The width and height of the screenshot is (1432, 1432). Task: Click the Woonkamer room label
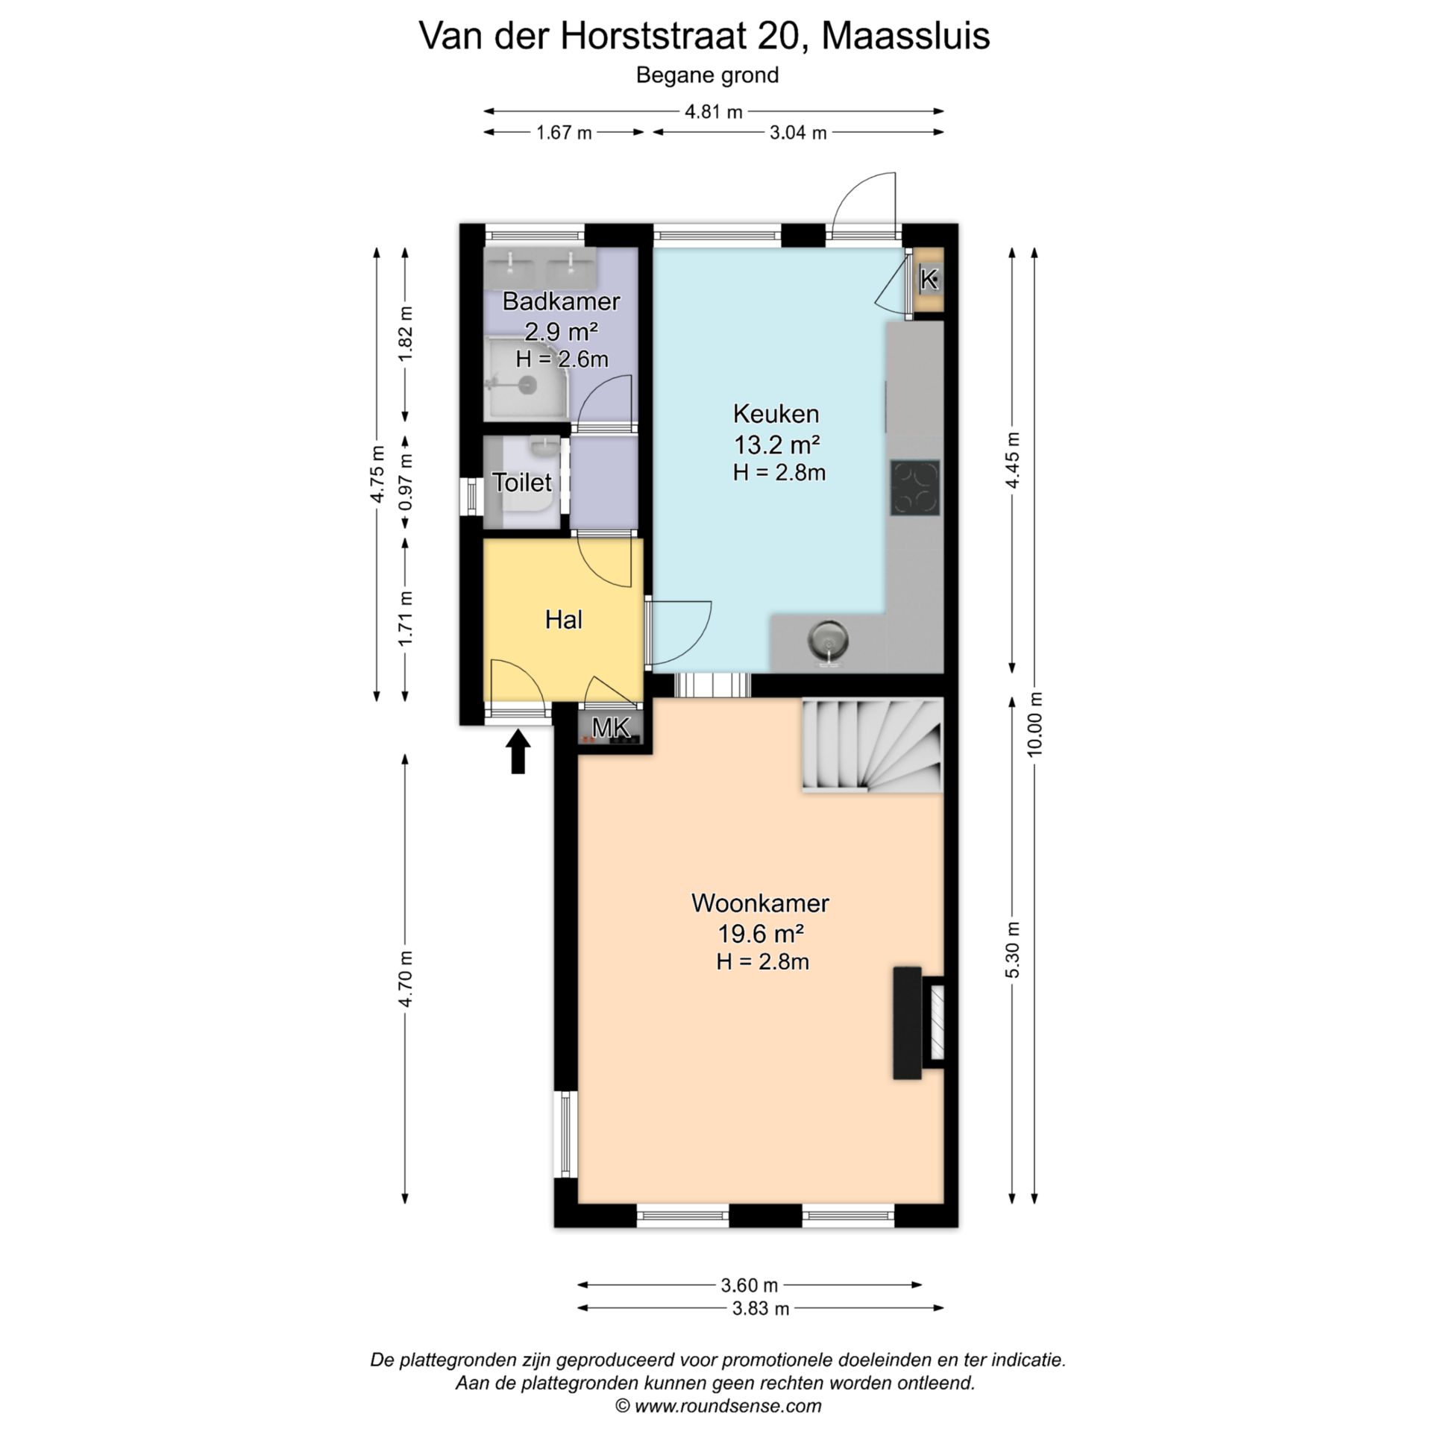point(760,903)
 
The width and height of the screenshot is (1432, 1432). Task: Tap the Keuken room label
point(776,413)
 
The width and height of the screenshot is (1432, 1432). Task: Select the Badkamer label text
point(561,301)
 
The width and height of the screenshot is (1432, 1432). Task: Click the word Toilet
point(522,483)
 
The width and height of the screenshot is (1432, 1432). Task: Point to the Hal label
point(563,619)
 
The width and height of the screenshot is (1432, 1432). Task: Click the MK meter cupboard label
point(611,726)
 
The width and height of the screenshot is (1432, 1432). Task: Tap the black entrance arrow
point(518,751)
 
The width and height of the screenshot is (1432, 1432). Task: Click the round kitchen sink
point(827,639)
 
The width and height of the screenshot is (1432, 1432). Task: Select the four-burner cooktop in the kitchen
point(914,488)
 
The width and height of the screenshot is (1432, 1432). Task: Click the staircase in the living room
point(872,744)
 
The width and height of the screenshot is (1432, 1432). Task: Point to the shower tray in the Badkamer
point(529,378)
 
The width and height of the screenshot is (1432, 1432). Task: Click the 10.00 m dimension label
point(1034,724)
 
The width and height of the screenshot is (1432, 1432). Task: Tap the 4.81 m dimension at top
point(714,112)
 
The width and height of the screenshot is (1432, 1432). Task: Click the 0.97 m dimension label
point(405,483)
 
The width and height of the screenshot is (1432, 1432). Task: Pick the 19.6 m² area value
point(760,933)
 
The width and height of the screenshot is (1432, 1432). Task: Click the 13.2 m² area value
point(776,445)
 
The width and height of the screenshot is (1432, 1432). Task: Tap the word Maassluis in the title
point(905,36)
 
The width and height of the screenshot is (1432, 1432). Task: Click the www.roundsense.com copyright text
point(717,1406)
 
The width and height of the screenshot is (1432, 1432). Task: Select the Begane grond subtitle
point(707,75)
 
